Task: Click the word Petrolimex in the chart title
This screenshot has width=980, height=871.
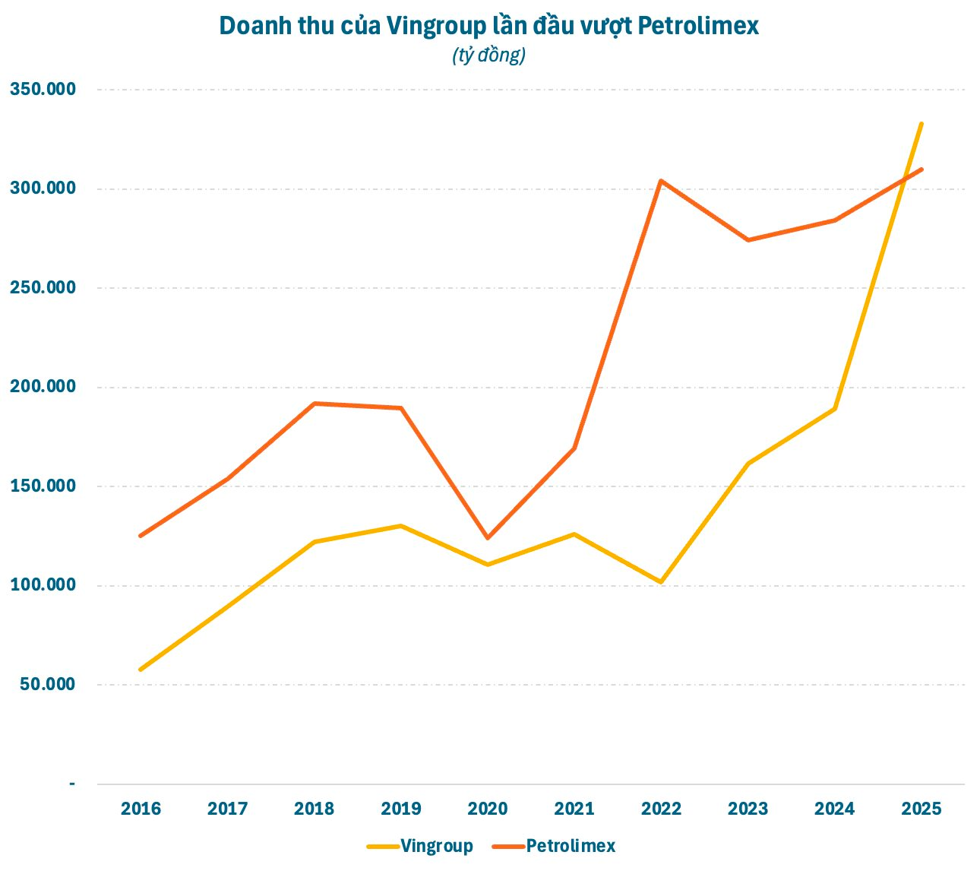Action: coord(698,27)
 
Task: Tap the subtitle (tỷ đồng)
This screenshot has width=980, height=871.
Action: coord(489,55)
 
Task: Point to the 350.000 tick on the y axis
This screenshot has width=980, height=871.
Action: coord(43,90)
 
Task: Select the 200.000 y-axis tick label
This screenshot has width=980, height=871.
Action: coord(43,387)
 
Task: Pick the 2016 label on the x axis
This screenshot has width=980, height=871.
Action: coord(141,809)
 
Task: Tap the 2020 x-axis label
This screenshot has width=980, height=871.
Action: coord(488,809)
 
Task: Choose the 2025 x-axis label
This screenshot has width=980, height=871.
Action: coord(921,809)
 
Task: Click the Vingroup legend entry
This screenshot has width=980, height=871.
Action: coord(437,846)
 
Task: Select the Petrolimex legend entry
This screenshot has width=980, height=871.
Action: coord(571,846)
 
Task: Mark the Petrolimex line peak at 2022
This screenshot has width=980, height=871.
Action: coord(661,181)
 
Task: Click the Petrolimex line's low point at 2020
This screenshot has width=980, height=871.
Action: coord(487,538)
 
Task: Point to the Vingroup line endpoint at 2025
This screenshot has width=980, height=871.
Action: coord(922,123)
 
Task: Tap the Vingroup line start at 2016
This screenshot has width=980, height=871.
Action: coord(141,670)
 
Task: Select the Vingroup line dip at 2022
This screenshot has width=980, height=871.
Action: coord(661,582)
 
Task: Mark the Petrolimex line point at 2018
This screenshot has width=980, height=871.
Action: coord(314,404)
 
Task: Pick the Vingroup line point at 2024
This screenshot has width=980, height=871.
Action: coord(834,409)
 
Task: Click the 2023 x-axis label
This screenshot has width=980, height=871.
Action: coord(748,809)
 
